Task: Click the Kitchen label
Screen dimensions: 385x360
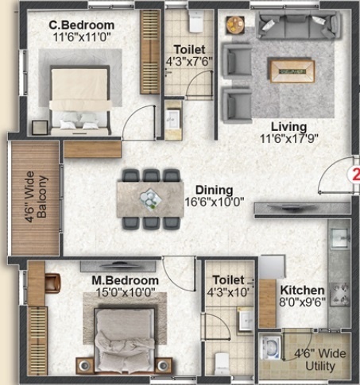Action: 302,291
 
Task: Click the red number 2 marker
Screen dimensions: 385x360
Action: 355,175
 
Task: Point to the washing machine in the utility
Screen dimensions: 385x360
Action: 270,348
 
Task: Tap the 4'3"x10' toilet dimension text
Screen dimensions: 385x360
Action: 228,292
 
